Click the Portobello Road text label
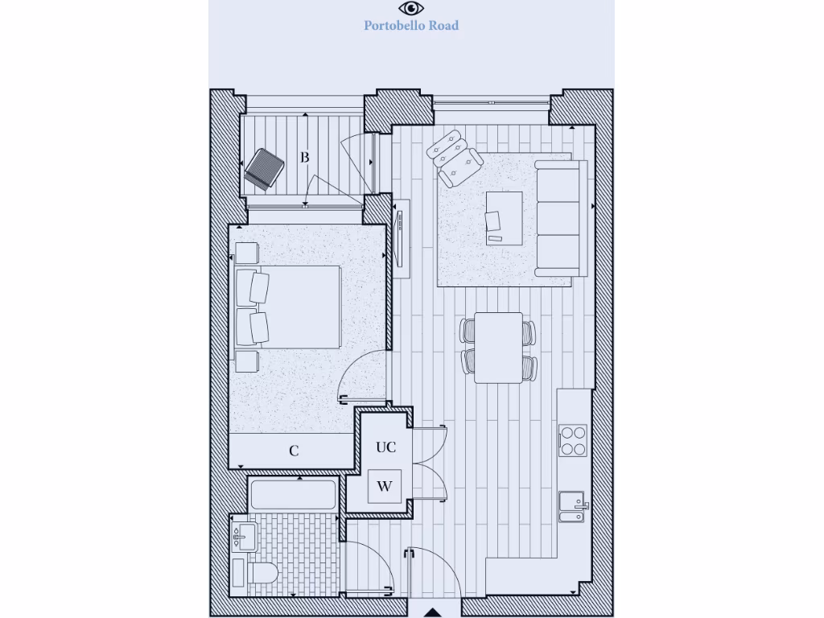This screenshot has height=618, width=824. point(411,26)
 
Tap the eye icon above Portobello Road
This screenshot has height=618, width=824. point(411,8)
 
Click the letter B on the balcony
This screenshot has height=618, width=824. point(305,158)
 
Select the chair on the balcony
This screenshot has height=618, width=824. point(265,170)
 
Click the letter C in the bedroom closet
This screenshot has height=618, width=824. point(294,451)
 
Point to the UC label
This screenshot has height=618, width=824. point(386,447)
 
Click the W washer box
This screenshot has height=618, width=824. point(385,487)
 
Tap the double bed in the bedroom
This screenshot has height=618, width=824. point(287,307)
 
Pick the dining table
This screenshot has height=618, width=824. point(498,347)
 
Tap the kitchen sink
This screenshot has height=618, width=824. point(572,506)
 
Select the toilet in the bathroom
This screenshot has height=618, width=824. point(255,574)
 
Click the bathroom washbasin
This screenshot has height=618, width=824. point(244,534)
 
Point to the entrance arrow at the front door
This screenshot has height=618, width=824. point(432,612)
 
